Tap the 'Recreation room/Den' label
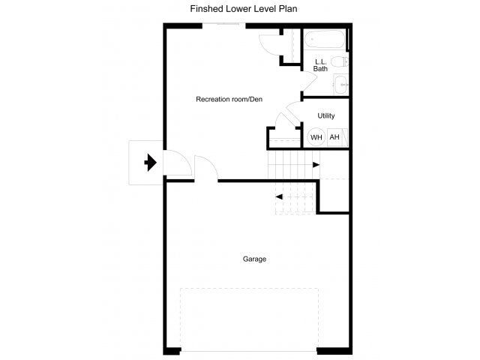point(229,99)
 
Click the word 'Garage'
point(254,259)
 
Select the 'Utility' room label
point(326,115)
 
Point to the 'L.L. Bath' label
point(320,64)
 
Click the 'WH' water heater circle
point(316,137)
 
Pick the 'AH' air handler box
point(334,137)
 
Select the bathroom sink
point(342,84)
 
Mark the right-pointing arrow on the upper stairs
point(316,164)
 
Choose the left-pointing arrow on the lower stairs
point(279,196)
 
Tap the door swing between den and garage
point(205,168)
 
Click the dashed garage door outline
point(248,318)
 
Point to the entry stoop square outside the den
point(142,163)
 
